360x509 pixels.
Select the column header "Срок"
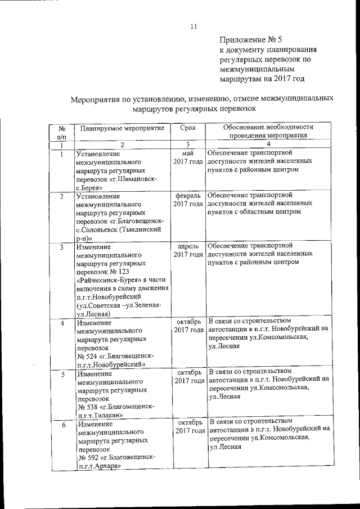[x=187, y=128]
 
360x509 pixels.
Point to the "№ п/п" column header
[x=61, y=132]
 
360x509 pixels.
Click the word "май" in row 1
[x=188, y=152]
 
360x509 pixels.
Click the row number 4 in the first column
[x=62, y=323]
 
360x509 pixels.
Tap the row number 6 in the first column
[x=64, y=425]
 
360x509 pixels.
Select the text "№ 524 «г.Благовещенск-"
[x=115, y=356]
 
